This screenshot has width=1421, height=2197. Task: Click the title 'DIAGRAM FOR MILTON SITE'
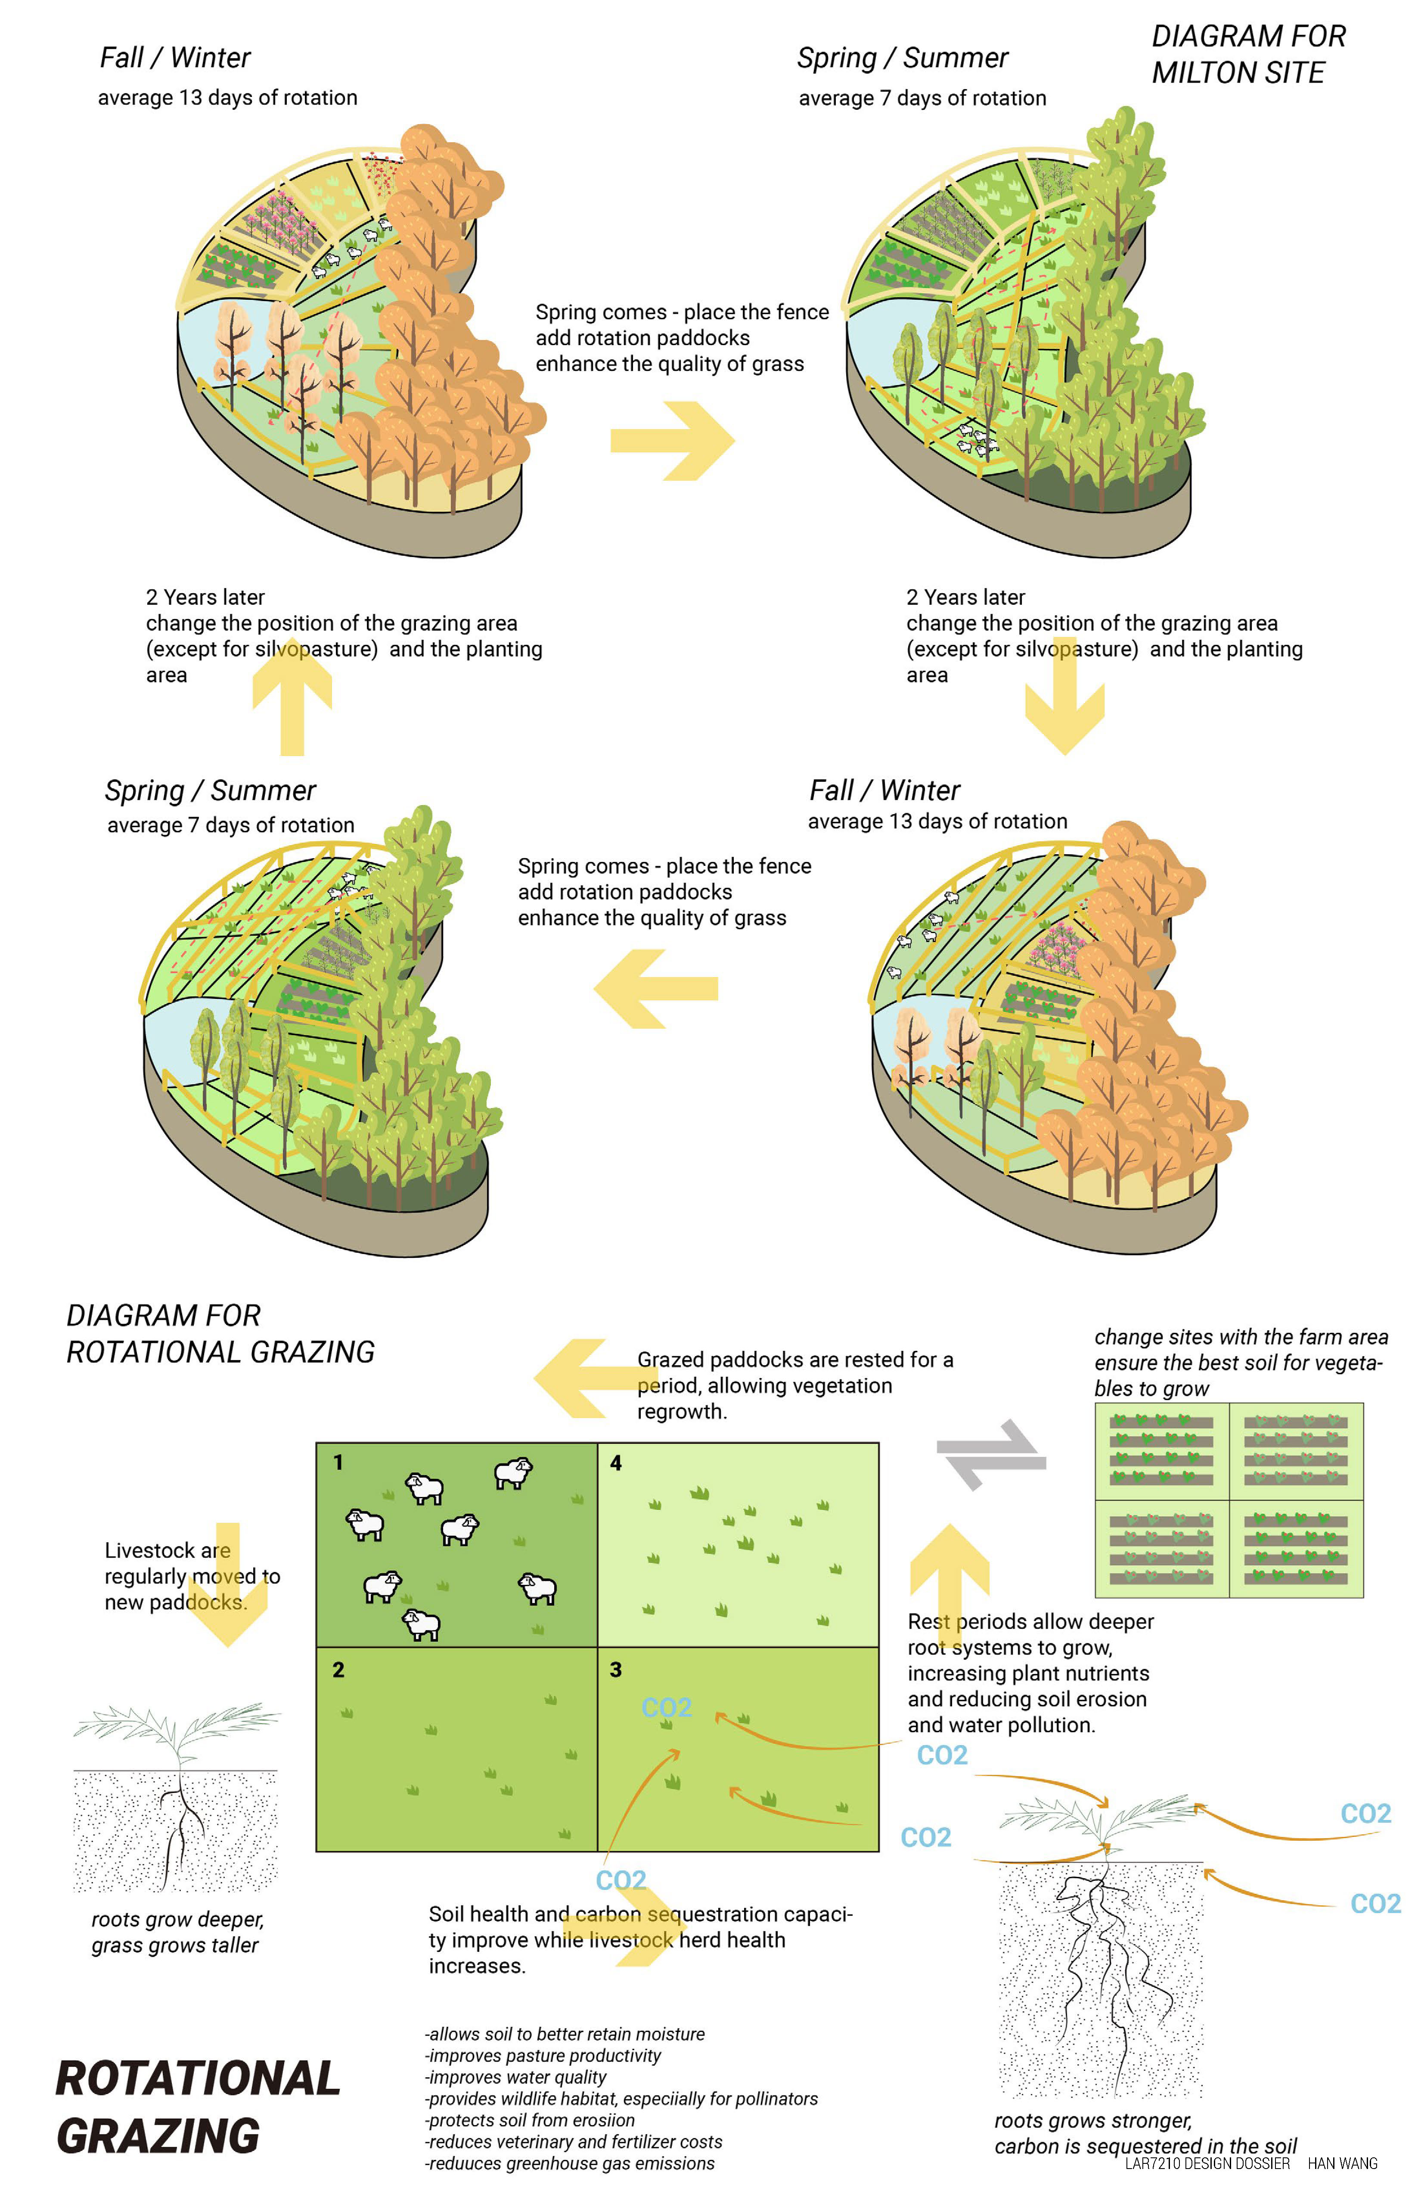tap(1247, 54)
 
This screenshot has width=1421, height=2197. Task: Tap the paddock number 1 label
tap(338, 1462)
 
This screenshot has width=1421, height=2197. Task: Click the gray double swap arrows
tap(991, 1455)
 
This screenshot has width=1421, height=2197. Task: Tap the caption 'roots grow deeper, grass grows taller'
tap(177, 1932)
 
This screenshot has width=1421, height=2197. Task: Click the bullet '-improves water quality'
tap(516, 2077)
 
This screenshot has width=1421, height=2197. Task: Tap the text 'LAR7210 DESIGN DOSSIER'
tap(1207, 2163)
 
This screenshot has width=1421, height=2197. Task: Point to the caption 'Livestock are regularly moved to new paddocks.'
tap(192, 1576)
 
